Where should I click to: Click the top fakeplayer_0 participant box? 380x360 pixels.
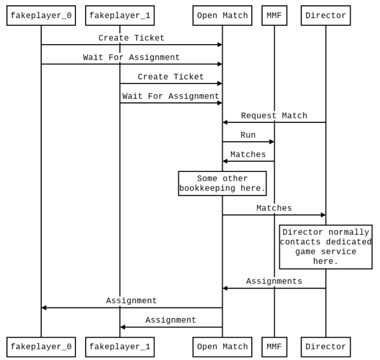click(41, 15)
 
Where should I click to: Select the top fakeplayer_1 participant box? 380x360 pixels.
click(119, 15)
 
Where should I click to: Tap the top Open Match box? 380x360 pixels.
click(222, 15)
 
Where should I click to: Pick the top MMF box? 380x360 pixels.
click(274, 15)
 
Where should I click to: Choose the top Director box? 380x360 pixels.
click(326, 15)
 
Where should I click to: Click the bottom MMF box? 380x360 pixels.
click(274, 346)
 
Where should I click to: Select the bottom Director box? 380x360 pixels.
click(326, 346)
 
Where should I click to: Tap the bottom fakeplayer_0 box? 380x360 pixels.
click(41, 346)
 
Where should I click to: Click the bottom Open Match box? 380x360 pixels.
click(222, 346)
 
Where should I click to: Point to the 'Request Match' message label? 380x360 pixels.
click(274, 116)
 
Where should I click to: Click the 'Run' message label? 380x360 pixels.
click(248, 135)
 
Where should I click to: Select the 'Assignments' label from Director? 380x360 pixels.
click(274, 281)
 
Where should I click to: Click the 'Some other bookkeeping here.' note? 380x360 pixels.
click(222, 183)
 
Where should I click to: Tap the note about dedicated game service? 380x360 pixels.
click(326, 247)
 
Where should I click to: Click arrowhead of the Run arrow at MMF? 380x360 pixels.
click(272, 142)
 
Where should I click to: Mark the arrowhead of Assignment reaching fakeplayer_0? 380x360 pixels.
click(44, 308)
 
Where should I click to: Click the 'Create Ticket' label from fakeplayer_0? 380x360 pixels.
click(131, 38)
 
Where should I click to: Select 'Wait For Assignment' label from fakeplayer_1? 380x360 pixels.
click(171, 96)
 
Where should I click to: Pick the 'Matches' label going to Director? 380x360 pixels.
click(274, 208)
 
